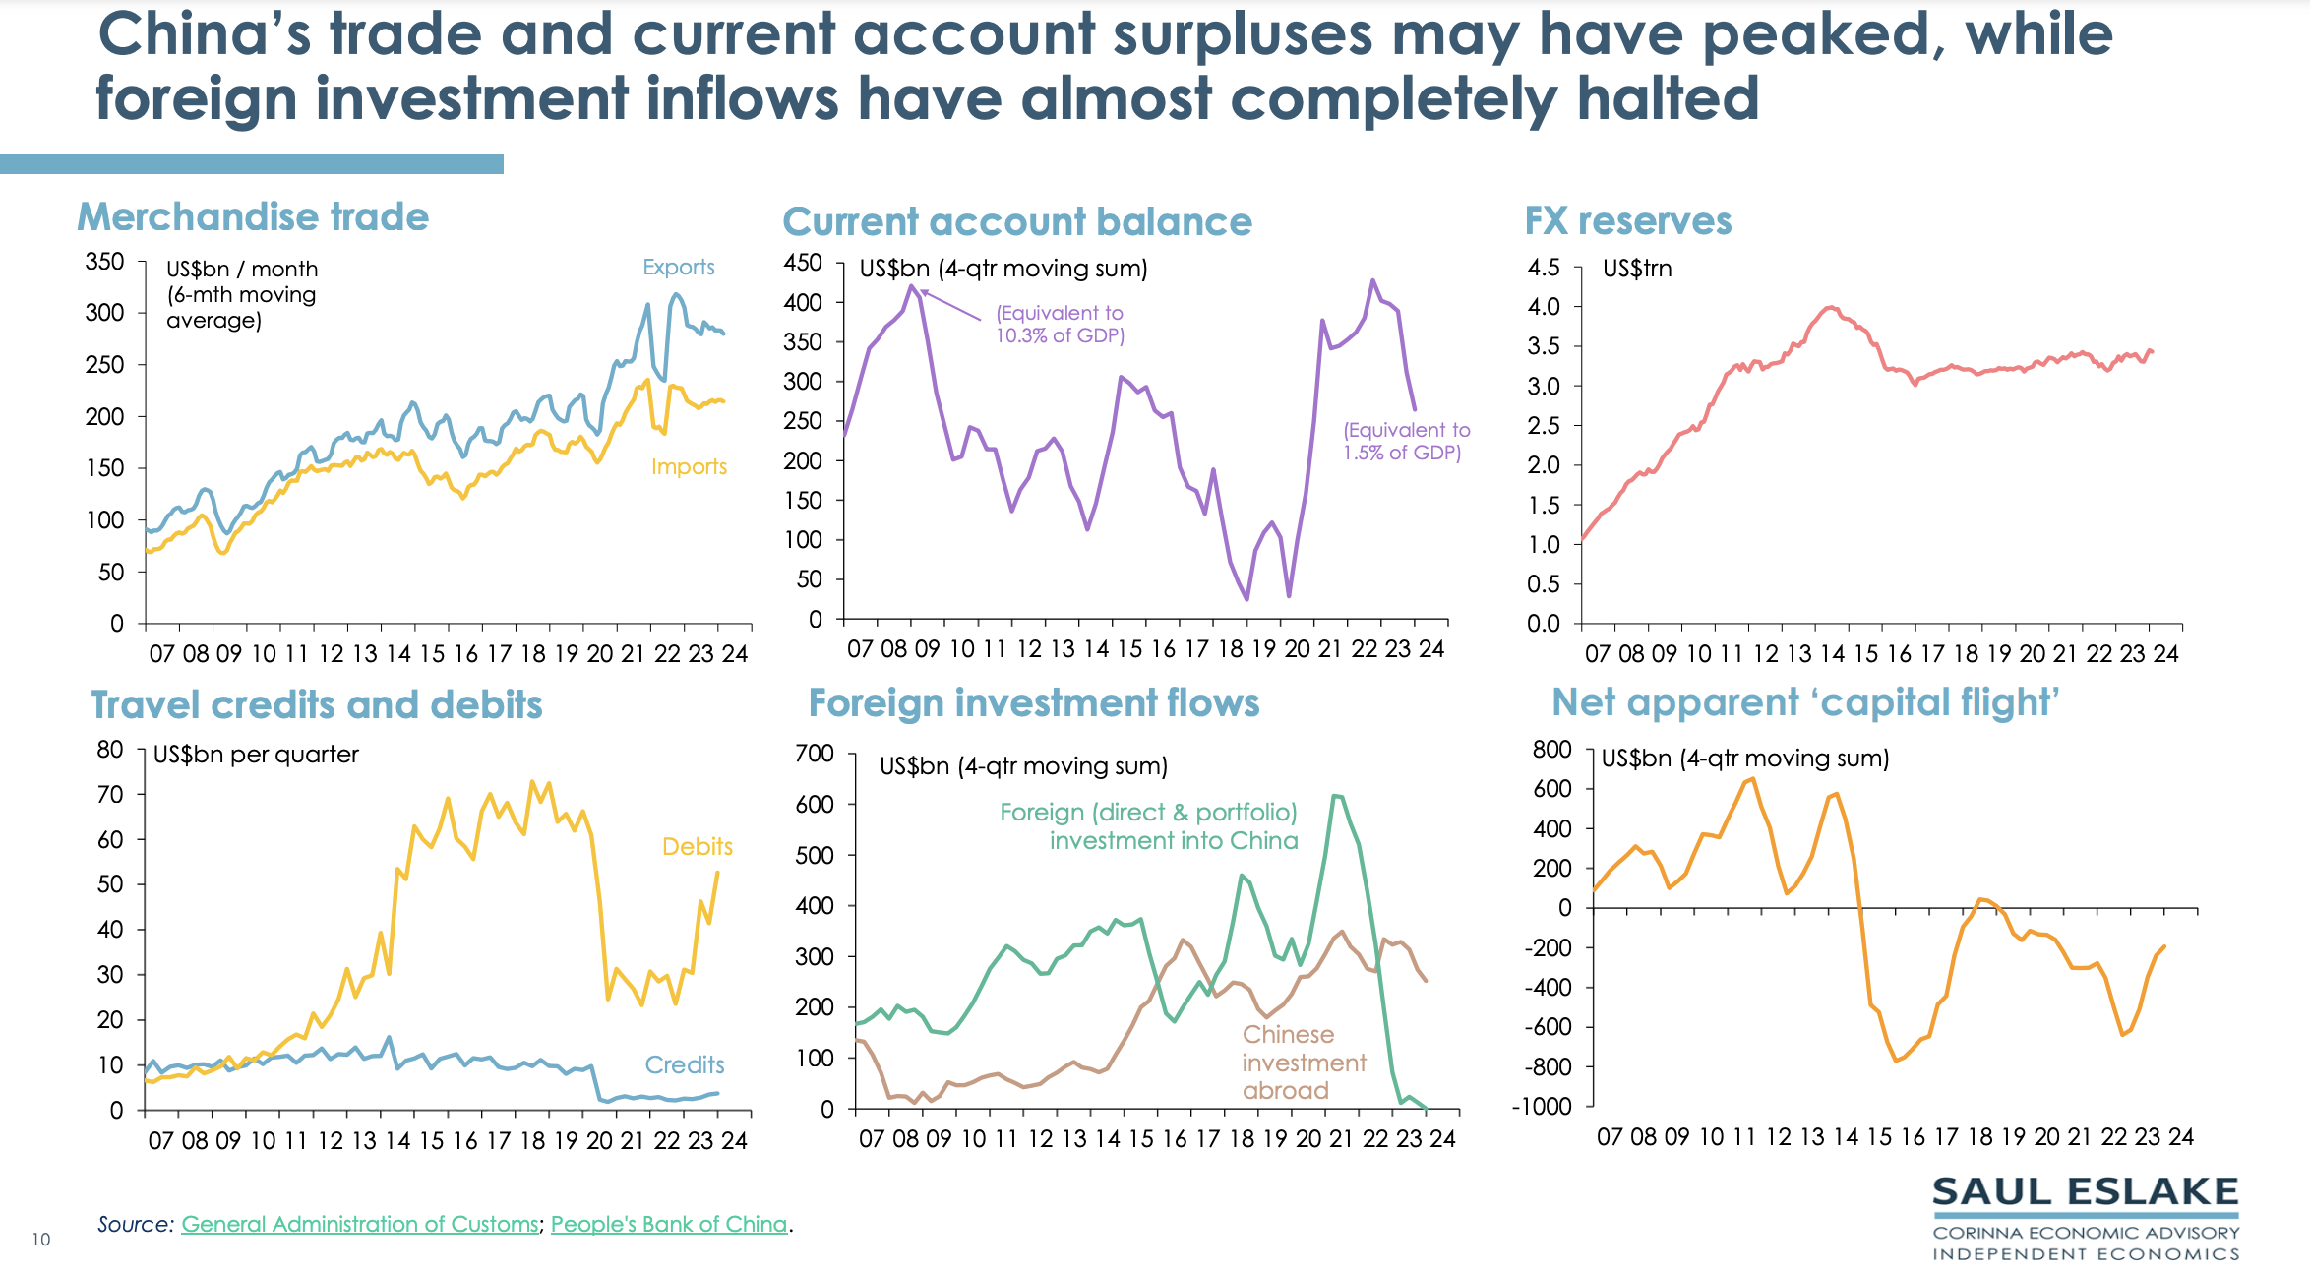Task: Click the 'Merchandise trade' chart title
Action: [253, 217]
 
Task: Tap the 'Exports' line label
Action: [678, 268]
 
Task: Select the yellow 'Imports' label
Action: [689, 467]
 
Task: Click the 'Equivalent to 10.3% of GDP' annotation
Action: [1060, 325]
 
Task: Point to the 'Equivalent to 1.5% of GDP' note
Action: [1406, 442]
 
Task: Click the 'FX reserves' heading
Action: [1627, 221]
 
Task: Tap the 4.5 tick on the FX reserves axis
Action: [1544, 268]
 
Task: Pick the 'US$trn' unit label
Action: [1637, 269]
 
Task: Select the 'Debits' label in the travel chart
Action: [697, 847]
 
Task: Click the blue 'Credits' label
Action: [684, 1065]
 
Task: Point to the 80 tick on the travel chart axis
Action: [110, 750]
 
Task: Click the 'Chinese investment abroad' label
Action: [1303, 1062]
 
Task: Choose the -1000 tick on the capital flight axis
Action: [1542, 1107]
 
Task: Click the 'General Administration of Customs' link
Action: [359, 1225]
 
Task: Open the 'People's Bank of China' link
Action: [669, 1225]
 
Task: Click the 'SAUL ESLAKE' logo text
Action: [2085, 1192]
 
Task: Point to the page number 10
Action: [40, 1240]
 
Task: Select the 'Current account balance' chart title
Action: [1016, 222]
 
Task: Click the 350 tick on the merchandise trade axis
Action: [104, 262]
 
